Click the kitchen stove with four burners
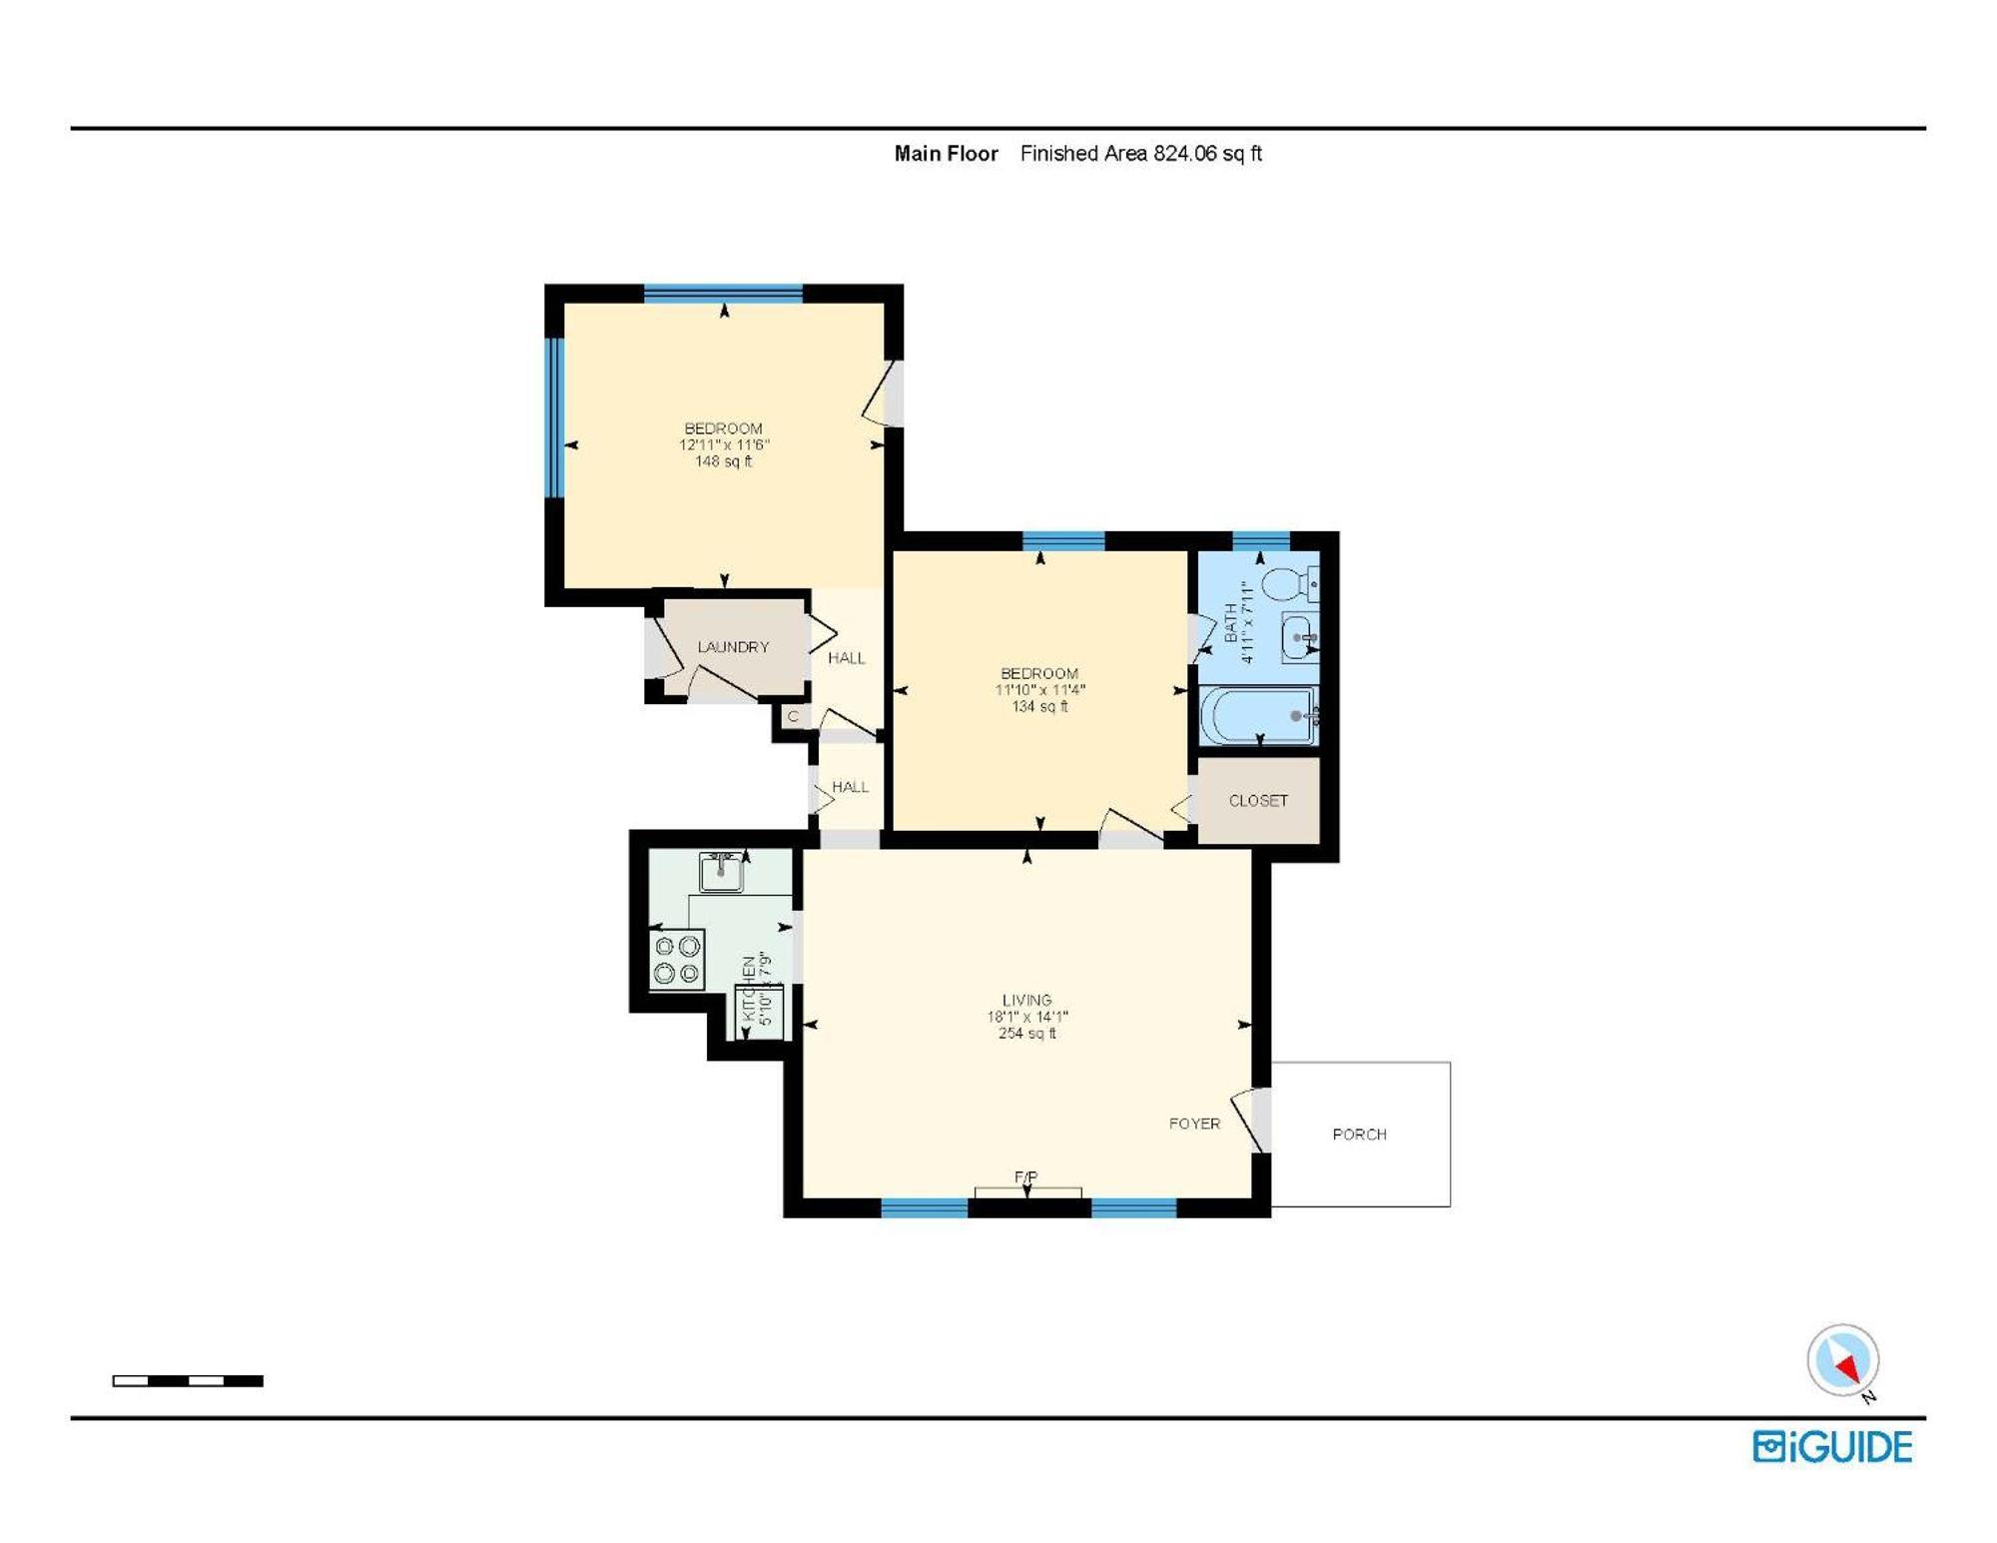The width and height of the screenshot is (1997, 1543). point(677,960)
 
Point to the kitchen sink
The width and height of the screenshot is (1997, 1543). point(721,872)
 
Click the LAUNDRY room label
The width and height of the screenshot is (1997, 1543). point(733,647)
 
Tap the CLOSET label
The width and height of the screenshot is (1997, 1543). point(1258,801)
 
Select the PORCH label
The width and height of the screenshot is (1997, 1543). point(1359,1135)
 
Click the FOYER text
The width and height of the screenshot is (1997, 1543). point(1194,1124)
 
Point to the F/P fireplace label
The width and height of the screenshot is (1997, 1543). point(1026,1177)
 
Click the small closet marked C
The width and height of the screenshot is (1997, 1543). point(793,716)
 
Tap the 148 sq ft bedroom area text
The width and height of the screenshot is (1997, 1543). point(724,461)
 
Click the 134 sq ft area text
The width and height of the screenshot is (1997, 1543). point(1039,706)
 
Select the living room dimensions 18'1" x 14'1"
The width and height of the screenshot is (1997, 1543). point(1027,1017)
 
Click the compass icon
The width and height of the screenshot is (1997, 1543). point(1843,1360)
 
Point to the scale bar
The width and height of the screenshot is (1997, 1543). point(188,1381)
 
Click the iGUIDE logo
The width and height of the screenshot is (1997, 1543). point(1832,1447)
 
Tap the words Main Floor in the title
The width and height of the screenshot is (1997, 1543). point(946,154)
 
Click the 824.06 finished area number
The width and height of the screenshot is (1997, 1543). point(1185,154)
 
